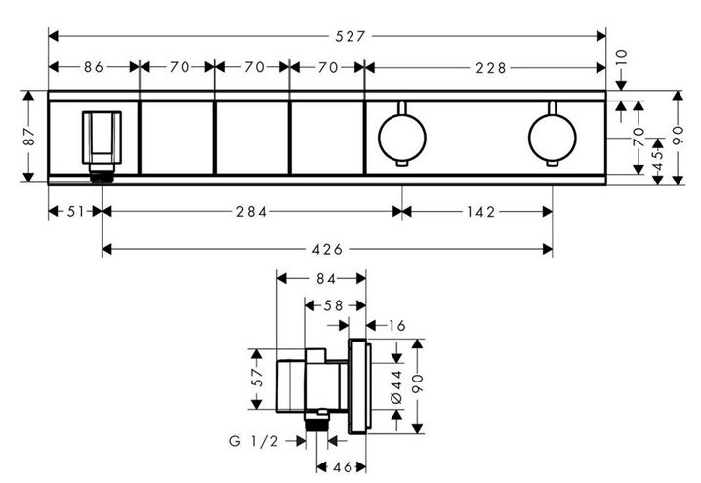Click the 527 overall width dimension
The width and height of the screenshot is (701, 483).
350,36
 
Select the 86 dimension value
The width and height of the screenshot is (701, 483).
94,67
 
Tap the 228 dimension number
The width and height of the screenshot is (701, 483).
491,68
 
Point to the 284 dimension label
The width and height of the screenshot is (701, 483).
251,212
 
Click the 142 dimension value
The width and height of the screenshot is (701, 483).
481,212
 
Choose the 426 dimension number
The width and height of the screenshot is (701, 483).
327,250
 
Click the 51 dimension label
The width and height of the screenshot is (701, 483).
75,212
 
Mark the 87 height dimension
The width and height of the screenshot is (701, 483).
28,137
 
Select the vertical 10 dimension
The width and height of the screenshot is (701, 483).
621,58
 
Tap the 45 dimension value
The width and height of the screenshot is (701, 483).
658,161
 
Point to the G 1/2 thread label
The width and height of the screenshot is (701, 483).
254,441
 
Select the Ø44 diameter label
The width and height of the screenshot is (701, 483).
397,387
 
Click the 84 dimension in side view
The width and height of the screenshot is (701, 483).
326,279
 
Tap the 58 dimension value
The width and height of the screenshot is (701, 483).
334,305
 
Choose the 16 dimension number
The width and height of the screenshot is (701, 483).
397,326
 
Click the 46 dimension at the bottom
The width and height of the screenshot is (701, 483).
343,467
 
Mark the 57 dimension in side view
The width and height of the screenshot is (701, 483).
257,378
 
